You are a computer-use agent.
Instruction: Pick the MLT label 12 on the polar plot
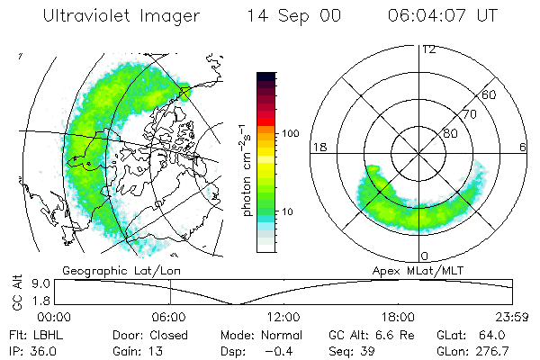pyautogui.click(x=428, y=49)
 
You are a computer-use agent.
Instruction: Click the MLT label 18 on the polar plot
pyautogui.click(x=318, y=146)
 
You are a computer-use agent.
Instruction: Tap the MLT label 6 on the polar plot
pyautogui.click(x=523, y=146)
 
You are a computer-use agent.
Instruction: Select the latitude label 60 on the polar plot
pyautogui.click(x=489, y=94)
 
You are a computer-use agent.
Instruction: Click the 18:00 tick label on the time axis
pyautogui.click(x=398, y=317)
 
